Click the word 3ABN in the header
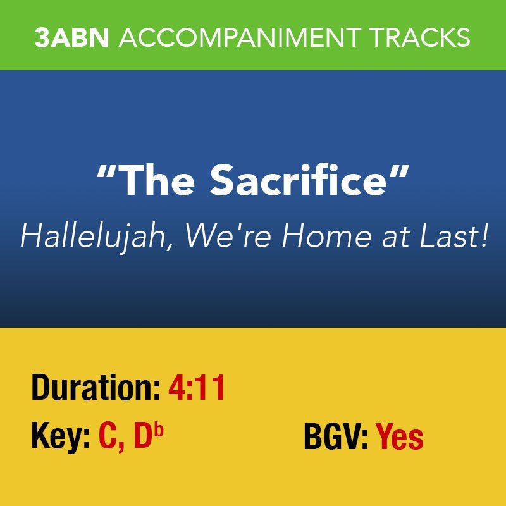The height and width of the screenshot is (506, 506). (73, 37)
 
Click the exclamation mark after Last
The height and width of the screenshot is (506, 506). (484, 237)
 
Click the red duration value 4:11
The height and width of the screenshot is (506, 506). (197, 387)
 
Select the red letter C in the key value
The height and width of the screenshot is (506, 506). (108, 436)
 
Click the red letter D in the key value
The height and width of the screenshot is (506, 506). (143, 436)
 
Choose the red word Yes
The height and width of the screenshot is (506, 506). (400, 436)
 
